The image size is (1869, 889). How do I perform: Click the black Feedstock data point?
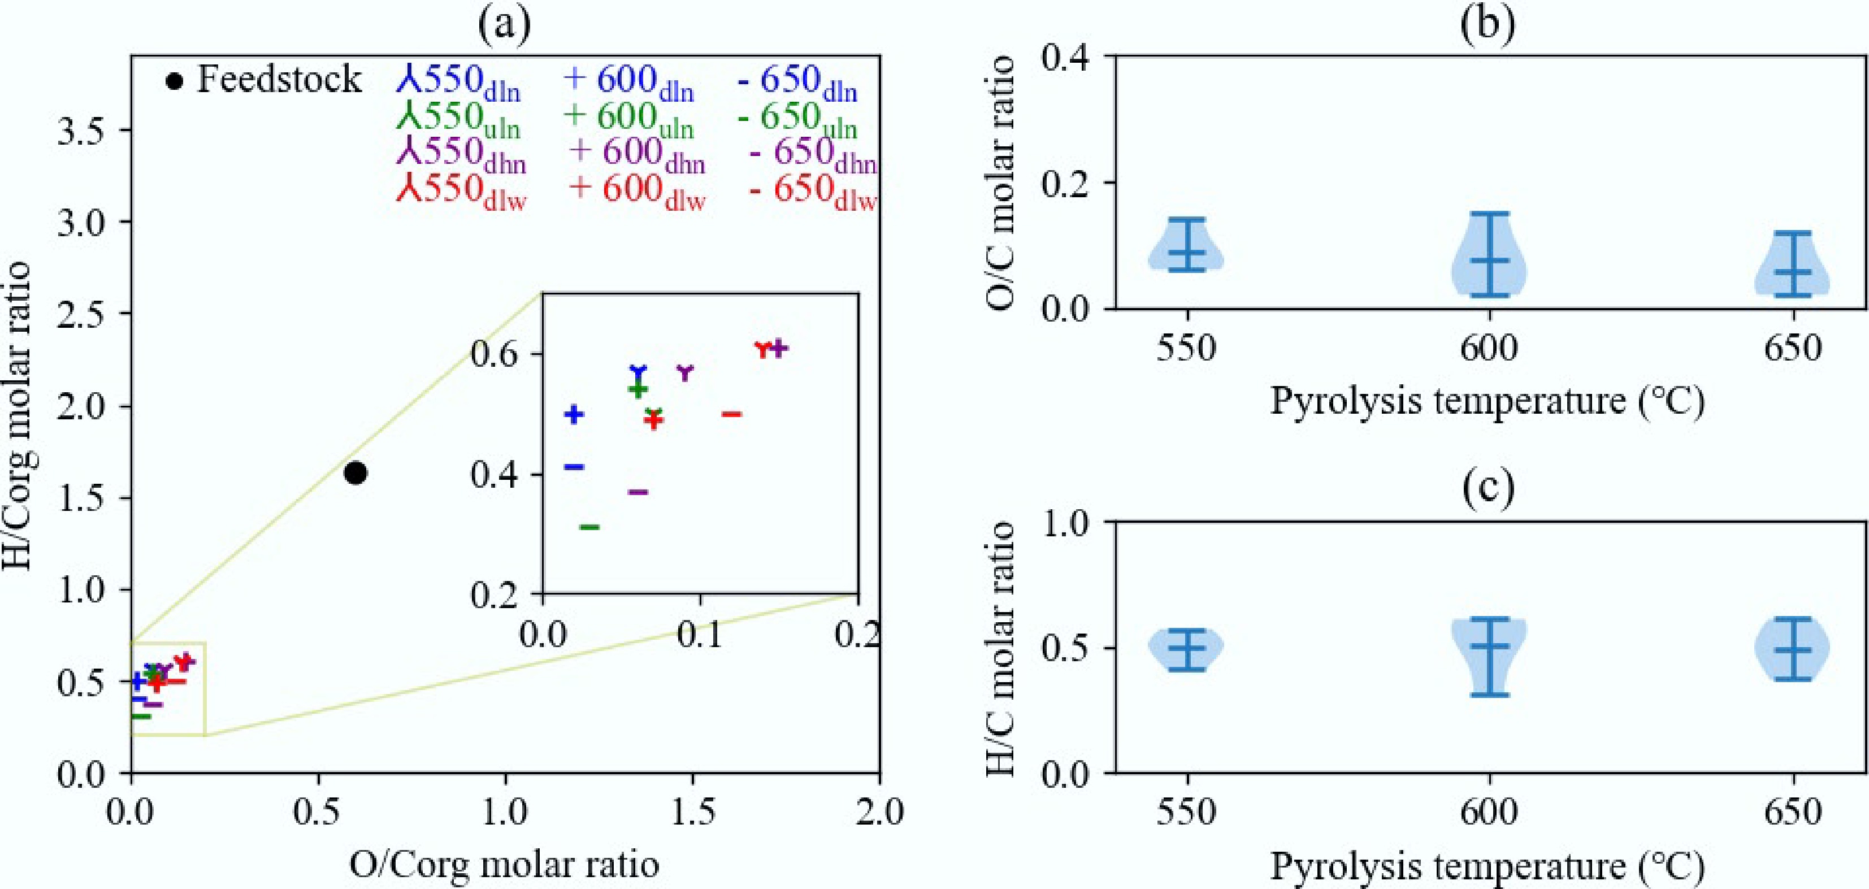pyautogui.click(x=355, y=473)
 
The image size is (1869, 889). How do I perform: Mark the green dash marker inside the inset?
pyautogui.click(x=589, y=526)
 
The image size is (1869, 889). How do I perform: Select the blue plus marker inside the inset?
pyautogui.click(x=574, y=414)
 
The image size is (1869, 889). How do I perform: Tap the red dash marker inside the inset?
pyautogui.click(x=731, y=414)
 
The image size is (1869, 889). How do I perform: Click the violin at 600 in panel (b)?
pyautogui.click(x=1489, y=261)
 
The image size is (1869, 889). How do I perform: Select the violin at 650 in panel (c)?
pyautogui.click(x=1792, y=649)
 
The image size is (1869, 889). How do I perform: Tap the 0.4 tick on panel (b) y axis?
pyautogui.click(x=1066, y=57)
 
